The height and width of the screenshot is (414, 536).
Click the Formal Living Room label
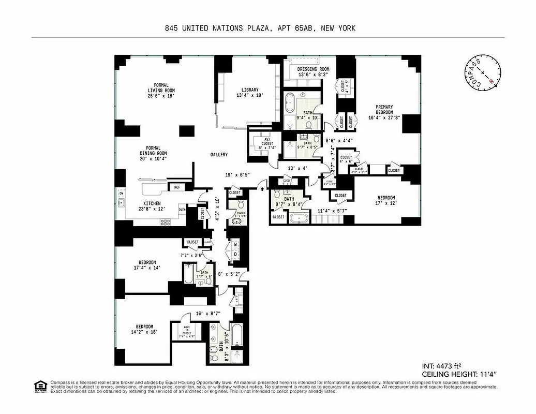[x=161, y=91]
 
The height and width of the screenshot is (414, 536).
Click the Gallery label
[x=219, y=155]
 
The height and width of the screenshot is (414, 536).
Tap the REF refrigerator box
[x=177, y=187]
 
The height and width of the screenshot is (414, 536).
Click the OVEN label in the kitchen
[x=182, y=210]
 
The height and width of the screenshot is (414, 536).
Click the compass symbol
[x=482, y=73]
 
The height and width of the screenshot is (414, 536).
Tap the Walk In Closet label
[x=187, y=330]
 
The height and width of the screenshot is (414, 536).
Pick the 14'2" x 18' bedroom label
[x=144, y=329]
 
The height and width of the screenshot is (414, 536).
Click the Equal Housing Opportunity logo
[x=39, y=386]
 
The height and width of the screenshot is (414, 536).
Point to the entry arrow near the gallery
[x=263, y=189]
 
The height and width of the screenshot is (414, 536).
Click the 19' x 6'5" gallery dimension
[x=237, y=175]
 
